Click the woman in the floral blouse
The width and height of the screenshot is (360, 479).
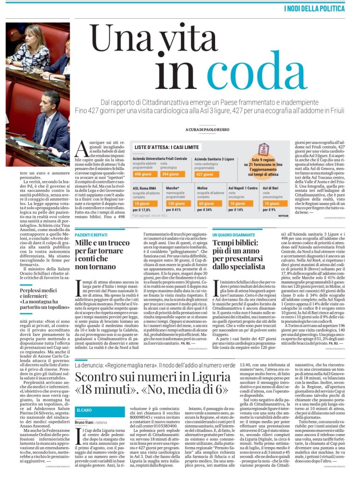coord(36,44)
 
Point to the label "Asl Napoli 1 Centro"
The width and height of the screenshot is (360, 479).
coord(243,188)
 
